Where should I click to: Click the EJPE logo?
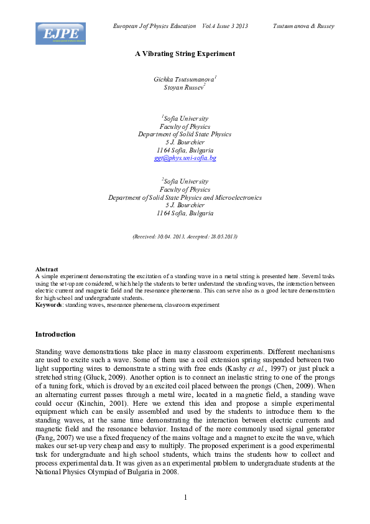click(x=60, y=34)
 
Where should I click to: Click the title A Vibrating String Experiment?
click(x=185, y=54)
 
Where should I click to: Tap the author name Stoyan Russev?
click(x=184, y=88)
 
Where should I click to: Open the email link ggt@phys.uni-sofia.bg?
click(x=185, y=158)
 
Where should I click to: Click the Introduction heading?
click(x=55, y=334)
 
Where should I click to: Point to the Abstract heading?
click(x=47, y=269)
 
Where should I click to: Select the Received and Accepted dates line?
click(x=185, y=236)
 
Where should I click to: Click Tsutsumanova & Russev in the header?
click(x=303, y=26)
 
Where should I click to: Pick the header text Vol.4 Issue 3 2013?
click(x=225, y=26)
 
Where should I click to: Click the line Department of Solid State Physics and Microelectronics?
click(x=185, y=197)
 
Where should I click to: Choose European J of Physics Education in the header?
click(x=153, y=26)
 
